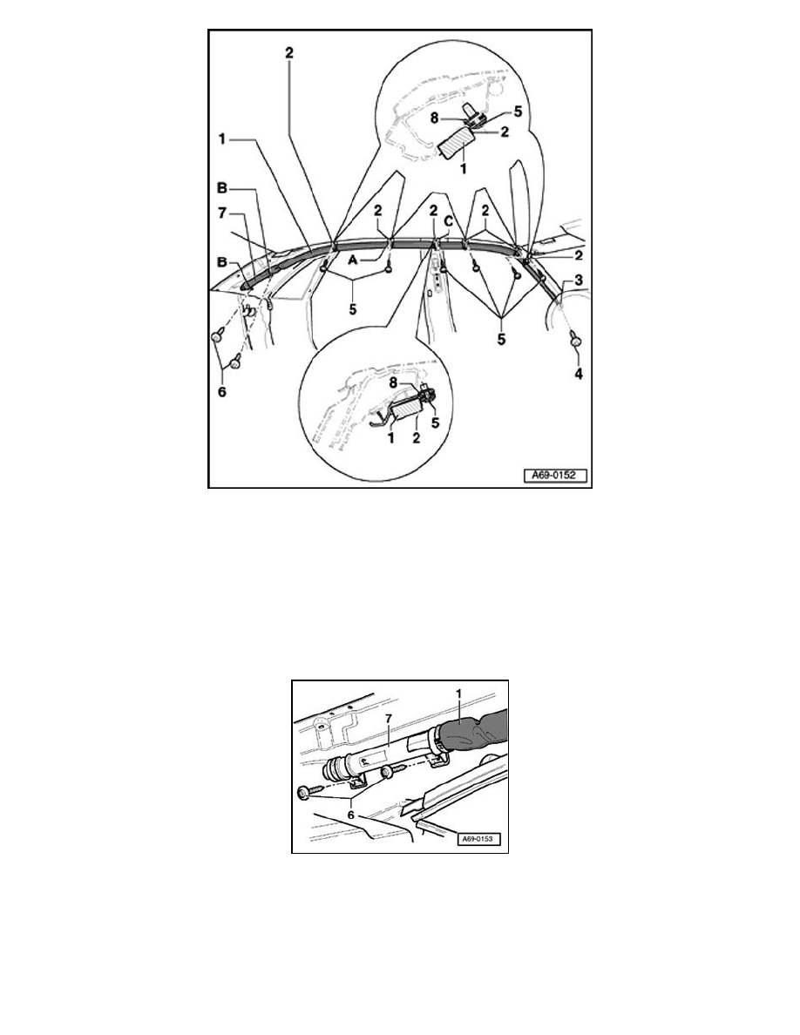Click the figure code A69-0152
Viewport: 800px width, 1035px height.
(x=555, y=476)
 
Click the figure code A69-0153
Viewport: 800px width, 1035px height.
(x=480, y=840)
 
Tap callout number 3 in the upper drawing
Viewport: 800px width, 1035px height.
(x=579, y=280)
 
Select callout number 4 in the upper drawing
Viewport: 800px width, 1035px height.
(x=579, y=374)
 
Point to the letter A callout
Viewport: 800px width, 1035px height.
(x=352, y=260)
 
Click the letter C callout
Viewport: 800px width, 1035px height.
(x=448, y=222)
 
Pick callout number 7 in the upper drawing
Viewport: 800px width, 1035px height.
(x=222, y=213)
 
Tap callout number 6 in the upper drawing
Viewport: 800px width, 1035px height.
(x=222, y=391)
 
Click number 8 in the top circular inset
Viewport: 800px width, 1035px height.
(x=454, y=119)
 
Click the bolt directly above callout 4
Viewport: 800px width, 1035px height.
(x=576, y=341)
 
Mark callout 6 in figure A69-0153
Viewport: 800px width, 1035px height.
(x=351, y=815)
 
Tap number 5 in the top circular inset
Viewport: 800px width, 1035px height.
(x=519, y=112)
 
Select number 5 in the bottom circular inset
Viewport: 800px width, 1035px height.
(x=435, y=423)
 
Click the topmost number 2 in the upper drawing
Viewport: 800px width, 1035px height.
(x=289, y=53)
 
